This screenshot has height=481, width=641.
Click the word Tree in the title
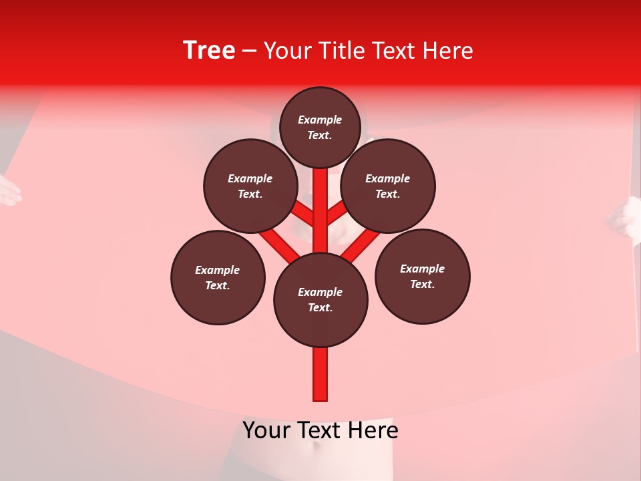point(209,50)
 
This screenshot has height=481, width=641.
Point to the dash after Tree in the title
point(249,51)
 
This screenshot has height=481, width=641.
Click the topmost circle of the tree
point(320,127)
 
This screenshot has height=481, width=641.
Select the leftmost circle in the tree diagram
point(218,278)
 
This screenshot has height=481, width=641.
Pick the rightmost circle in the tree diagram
point(422,277)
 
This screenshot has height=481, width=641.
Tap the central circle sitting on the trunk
point(320,300)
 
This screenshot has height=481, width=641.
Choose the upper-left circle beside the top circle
point(250,186)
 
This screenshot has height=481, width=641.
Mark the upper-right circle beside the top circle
point(388,186)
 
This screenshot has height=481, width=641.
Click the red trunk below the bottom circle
point(320,374)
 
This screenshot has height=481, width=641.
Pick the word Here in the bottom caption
point(375,430)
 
